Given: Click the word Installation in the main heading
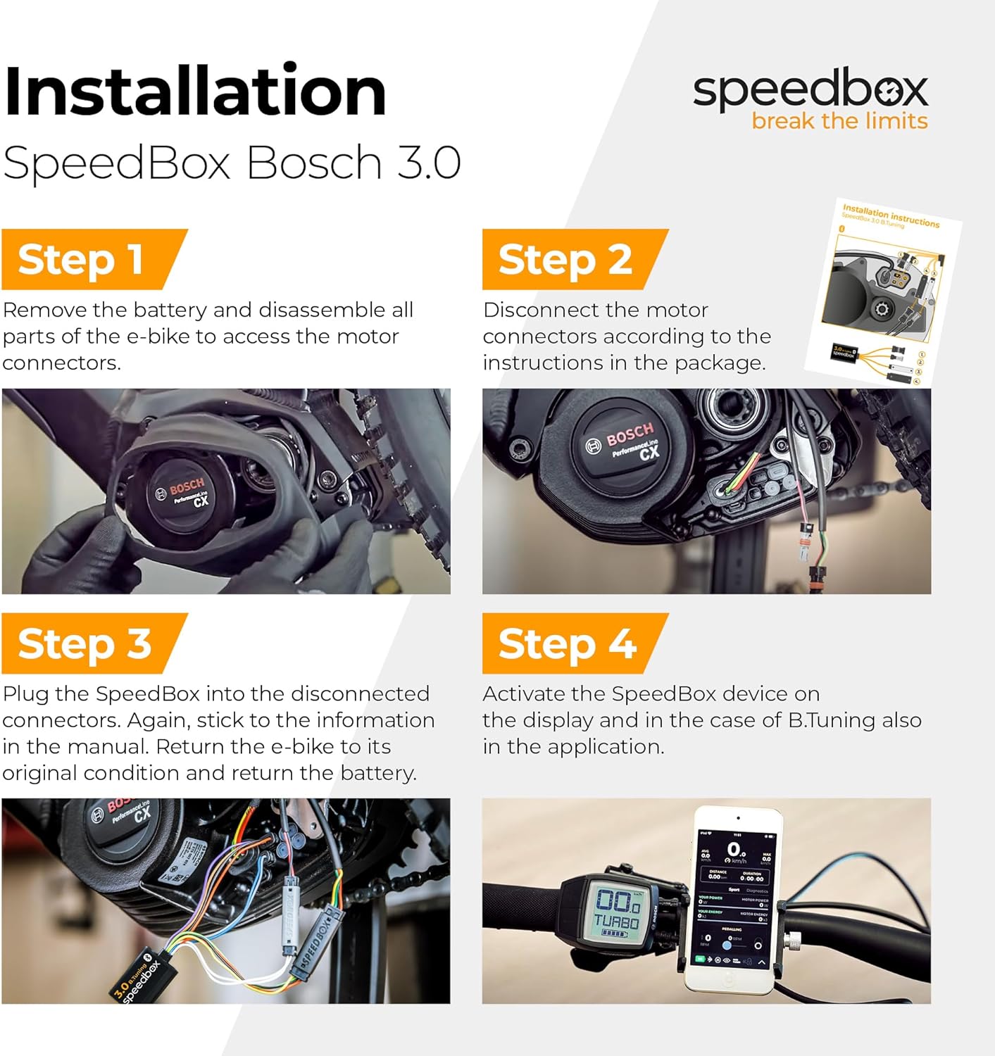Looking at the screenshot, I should click(195, 92).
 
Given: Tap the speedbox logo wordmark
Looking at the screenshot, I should click(810, 90).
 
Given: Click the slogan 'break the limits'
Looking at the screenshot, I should click(839, 121).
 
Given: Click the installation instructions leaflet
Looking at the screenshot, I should click(884, 291).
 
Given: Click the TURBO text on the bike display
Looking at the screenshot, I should click(617, 922).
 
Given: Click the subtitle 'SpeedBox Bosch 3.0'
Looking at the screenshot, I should click(232, 163).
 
